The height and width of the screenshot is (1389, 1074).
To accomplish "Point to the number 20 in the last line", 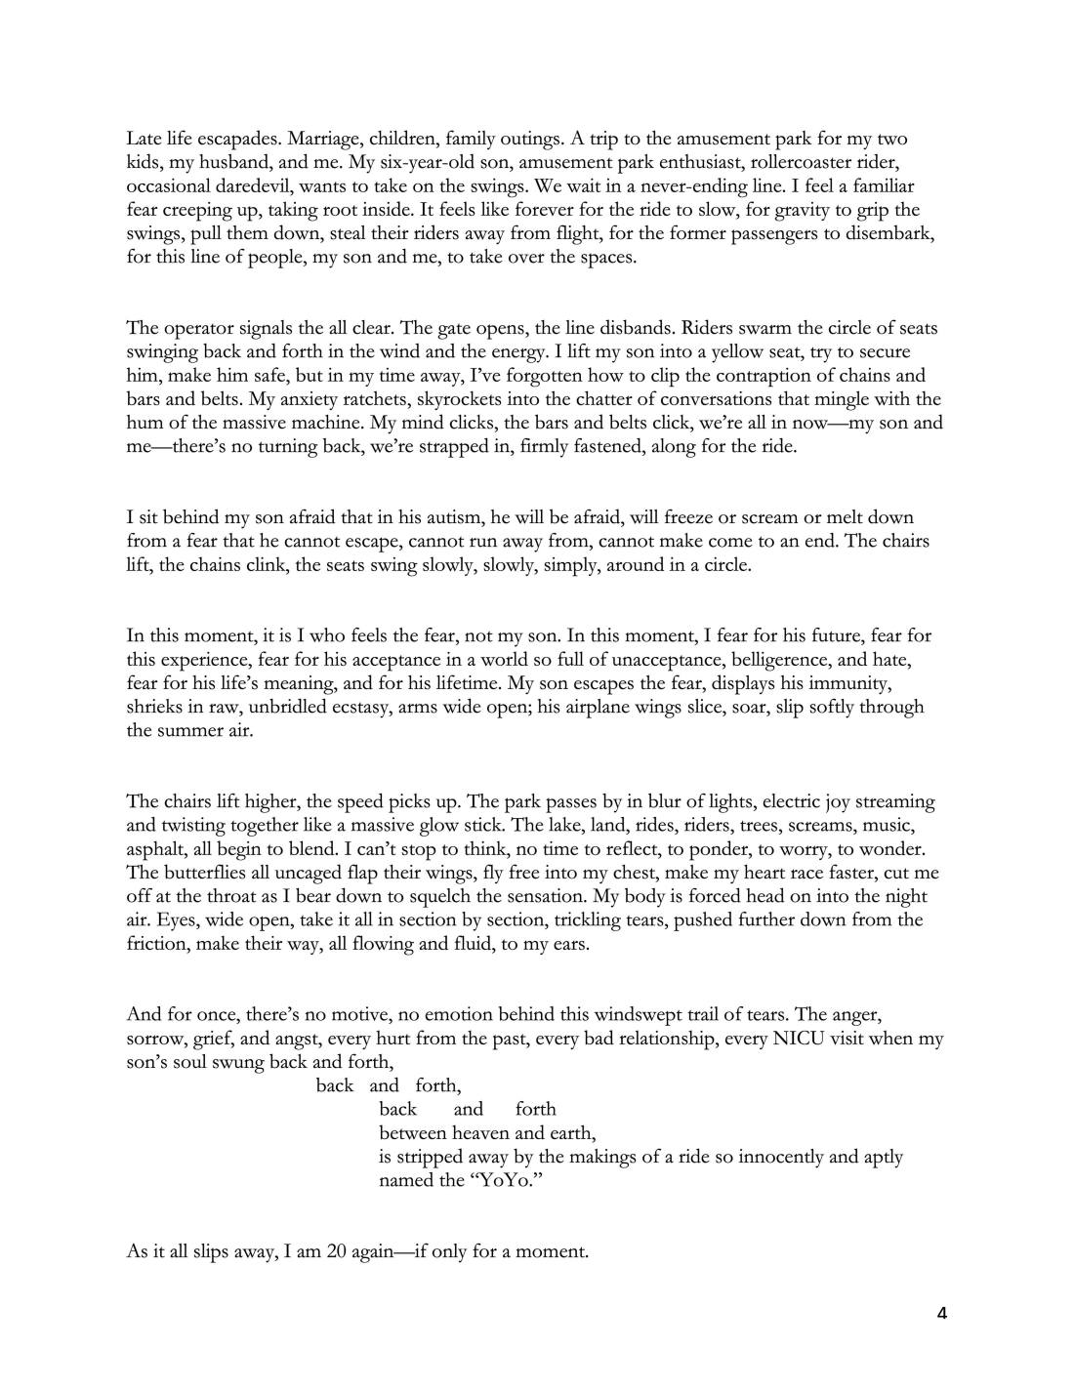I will pyautogui.click(x=337, y=1251).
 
